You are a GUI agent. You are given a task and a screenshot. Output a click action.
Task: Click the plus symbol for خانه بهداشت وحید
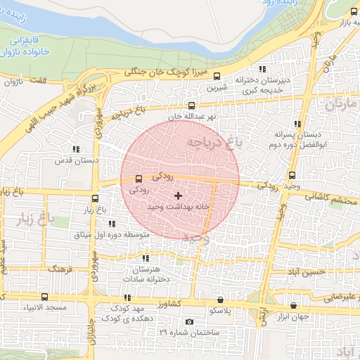point(177,195)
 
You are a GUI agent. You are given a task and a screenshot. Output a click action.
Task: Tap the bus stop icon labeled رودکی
point(138,179)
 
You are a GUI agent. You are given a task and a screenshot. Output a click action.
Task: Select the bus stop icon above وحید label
point(292,175)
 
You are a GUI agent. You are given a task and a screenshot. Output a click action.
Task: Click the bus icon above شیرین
point(216,77)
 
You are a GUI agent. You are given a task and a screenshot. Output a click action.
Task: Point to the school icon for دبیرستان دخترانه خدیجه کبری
point(262,69)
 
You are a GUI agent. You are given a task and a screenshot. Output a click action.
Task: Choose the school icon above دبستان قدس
point(75,149)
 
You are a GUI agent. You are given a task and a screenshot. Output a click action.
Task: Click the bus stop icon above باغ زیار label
point(96,198)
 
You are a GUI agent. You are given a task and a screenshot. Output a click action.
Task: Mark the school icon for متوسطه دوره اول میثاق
point(112,224)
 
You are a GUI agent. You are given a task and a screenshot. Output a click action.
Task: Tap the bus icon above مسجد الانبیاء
point(45,297)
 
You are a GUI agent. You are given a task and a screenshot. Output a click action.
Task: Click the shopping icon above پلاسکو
point(220,299)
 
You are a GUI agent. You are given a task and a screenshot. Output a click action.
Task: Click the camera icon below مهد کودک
point(189,321)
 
